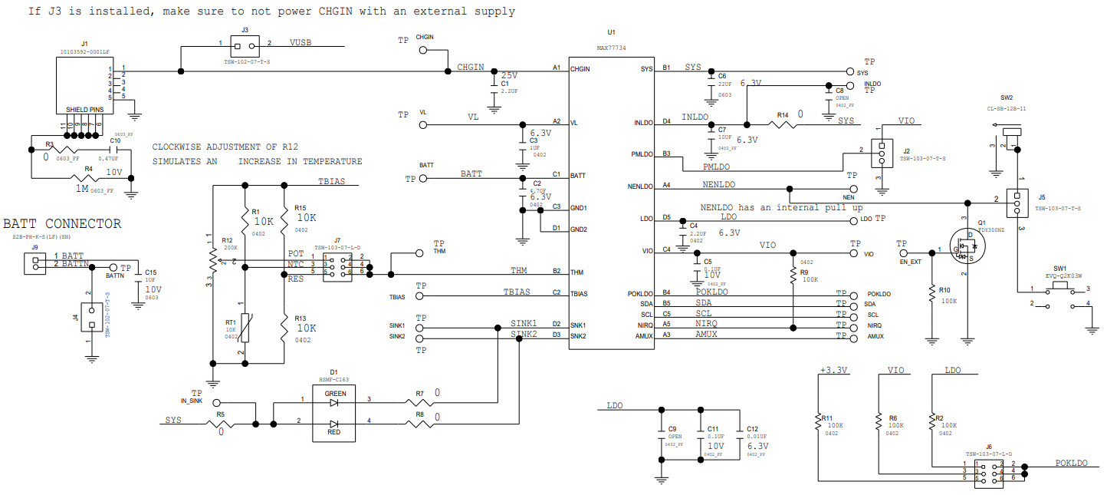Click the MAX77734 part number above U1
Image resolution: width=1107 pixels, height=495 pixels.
[x=611, y=48]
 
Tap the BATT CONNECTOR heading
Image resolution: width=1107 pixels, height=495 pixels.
[x=61, y=224]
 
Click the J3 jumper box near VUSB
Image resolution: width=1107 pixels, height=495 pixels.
[x=245, y=43]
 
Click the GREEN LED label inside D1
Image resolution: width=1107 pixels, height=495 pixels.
[x=335, y=394]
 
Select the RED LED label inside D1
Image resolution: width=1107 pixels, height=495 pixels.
[x=335, y=433]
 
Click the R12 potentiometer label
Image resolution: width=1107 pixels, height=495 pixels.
[x=227, y=240]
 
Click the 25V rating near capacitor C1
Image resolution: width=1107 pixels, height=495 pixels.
[x=509, y=75]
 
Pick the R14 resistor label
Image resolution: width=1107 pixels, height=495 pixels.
[x=783, y=115]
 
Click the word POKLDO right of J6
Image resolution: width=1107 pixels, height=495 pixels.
[x=1071, y=463]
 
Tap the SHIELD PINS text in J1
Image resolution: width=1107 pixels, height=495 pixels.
[x=84, y=110]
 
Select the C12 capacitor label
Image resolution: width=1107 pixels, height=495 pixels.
[x=752, y=428]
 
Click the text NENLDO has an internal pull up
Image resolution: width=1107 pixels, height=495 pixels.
[x=781, y=208]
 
